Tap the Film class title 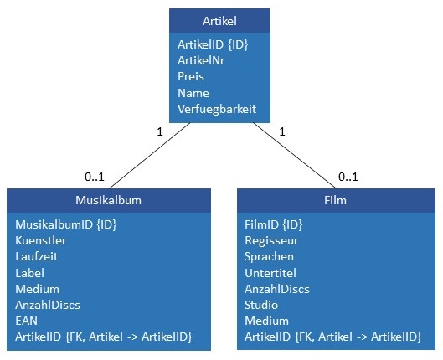pos(335,200)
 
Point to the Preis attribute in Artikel pos(191,76)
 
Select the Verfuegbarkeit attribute pos(217,109)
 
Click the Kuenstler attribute pos(40,240)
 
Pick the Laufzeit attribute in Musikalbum pos(38,256)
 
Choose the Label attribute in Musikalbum pos(29,272)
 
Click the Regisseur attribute pos(271,240)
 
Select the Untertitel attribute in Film pos(270,273)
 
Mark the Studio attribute pos(261,305)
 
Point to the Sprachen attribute pos(269,256)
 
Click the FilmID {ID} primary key pos(273,224)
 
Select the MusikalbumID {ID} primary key pos(60,224)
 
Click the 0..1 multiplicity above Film pos(349,177)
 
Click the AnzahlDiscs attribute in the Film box pos(276,289)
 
